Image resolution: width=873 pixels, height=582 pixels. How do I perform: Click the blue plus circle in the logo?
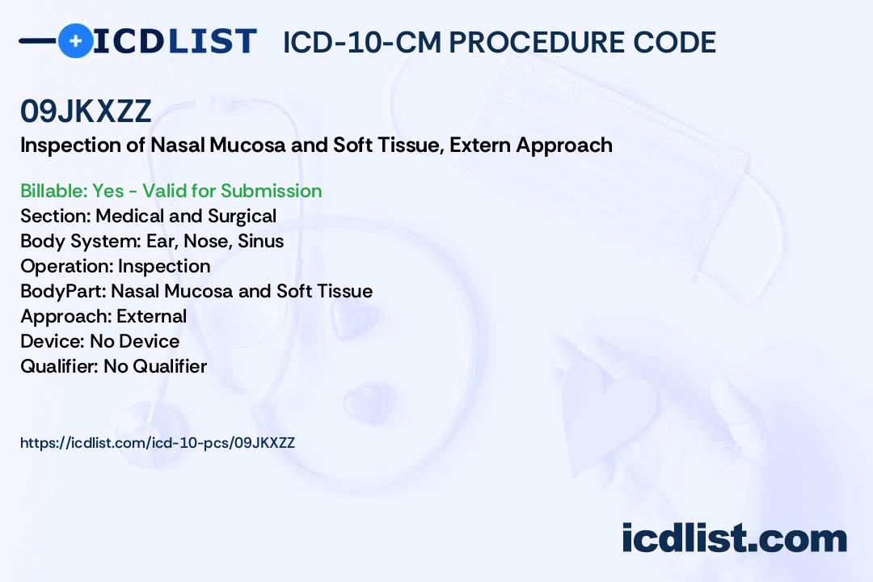tap(75, 40)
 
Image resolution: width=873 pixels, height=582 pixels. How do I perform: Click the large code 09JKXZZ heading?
tap(86, 112)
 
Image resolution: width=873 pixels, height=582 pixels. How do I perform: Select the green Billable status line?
tap(171, 191)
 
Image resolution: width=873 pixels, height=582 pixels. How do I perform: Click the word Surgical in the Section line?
tap(242, 216)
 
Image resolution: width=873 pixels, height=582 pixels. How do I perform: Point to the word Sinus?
tap(260, 241)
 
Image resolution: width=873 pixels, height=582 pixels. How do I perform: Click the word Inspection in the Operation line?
tap(164, 266)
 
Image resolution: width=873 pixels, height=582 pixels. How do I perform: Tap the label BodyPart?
tap(63, 291)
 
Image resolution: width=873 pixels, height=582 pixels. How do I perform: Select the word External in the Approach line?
tap(151, 316)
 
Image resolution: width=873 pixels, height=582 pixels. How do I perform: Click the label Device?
tap(53, 341)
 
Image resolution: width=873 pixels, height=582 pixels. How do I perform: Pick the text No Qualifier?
tap(155, 366)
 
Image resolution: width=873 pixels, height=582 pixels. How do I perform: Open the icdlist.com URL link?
tap(158, 443)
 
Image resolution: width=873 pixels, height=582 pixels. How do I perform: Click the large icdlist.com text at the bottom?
tap(734, 538)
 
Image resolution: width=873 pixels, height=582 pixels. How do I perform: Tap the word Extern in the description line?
tap(480, 145)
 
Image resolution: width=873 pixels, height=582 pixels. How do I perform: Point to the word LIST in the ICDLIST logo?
tap(212, 41)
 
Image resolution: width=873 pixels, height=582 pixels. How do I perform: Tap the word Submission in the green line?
tap(271, 191)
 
